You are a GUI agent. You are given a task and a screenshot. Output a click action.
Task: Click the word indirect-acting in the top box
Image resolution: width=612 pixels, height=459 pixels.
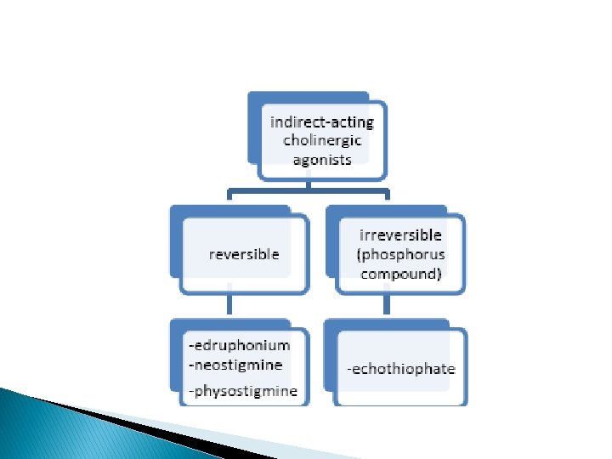tap(321, 122)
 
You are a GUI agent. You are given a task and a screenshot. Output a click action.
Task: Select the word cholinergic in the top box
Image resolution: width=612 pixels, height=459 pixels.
tap(321, 140)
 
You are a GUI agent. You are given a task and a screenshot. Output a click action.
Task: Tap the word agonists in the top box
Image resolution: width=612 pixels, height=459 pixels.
tap(321, 159)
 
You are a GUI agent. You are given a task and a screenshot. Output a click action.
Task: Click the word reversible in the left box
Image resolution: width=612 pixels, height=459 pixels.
tap(244, 253)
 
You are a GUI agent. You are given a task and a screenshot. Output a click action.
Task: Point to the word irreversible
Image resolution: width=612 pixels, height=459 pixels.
tap(401, 235)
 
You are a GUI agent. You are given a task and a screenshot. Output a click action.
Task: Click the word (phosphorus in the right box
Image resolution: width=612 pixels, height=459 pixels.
tap(402, 254)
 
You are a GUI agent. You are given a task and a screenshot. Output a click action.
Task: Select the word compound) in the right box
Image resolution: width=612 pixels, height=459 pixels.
tap(402, 274)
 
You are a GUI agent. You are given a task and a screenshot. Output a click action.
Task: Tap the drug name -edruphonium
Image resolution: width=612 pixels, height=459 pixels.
tap(239, 345)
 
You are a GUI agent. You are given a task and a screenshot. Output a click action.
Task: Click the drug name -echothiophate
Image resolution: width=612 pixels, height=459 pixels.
tap(401, 368)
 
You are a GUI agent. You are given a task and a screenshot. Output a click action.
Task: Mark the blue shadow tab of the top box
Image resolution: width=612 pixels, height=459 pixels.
tap(252, 127)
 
